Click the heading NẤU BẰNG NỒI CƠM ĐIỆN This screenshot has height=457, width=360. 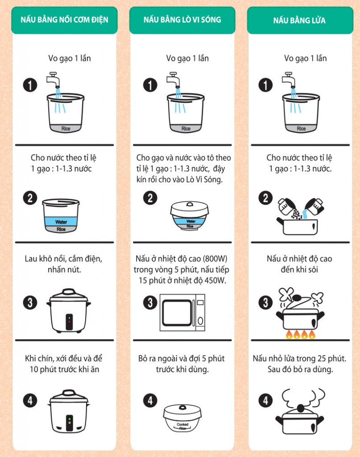[64, 20]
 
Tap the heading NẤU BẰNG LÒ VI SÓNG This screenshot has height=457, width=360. [182, 20]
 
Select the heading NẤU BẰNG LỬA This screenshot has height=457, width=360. [299, 21]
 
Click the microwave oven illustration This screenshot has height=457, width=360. [182, 312]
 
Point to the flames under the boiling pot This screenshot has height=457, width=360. [300, 334]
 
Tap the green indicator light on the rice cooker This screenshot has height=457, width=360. [69, 419]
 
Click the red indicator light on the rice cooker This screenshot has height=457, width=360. [69, 321]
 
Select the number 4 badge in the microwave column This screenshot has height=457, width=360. [150, 400]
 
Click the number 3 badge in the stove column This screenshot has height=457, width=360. [265, 303]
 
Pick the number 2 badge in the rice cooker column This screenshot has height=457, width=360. [30, 198]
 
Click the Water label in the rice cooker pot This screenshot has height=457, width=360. [61, 222]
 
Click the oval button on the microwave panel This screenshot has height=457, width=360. [200, 321]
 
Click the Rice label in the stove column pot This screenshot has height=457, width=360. [301, 129]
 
